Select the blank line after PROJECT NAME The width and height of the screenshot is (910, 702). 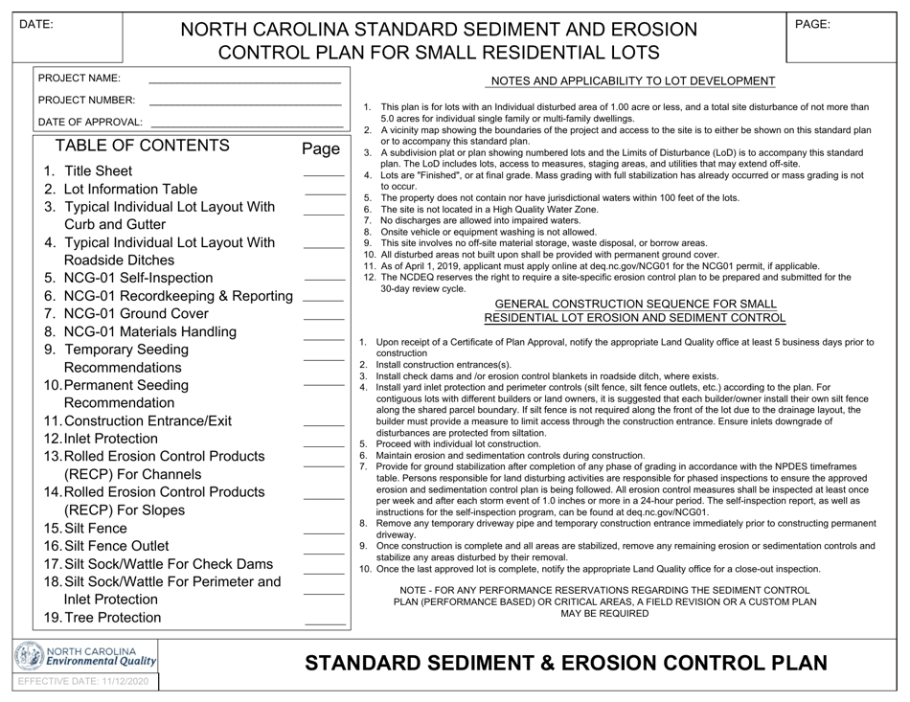[x=245, y=79]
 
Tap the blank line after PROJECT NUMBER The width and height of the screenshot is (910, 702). [x=245, y=102]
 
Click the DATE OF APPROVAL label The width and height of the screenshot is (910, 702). [x=90, y=123]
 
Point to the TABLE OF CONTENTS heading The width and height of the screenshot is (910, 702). [x=143, y=147]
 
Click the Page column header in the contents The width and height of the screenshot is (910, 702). [x=321, y=148]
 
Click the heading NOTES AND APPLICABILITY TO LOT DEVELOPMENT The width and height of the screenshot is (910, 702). [x=632, y=81]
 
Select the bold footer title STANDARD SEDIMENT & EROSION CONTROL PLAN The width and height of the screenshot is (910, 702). [x=565, y=663]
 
